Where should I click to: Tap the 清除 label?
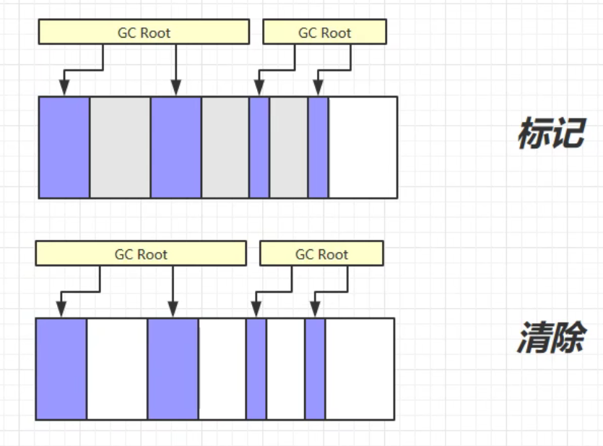(550, 337)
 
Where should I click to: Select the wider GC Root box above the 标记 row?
(144, 33)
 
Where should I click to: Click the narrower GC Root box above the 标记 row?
(325, 33)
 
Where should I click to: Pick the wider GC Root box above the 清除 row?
(141, 254)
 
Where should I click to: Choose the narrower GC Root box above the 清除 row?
(321, 254)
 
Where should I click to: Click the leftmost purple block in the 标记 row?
(64, 147)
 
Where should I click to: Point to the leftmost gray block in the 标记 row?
(120, 147)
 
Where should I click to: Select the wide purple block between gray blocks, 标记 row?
(175, 147)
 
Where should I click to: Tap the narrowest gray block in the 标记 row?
(288, 147)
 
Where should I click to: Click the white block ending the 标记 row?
(363, 147)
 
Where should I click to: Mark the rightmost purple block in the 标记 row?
(318, 147)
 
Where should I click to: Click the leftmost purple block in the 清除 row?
(61, 369)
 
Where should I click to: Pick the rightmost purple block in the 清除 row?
(315, 369)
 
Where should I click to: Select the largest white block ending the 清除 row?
(360, 369)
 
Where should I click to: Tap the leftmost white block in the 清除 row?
(117, 369)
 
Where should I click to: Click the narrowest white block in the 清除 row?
(285, 369)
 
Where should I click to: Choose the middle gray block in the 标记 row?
(225, 147)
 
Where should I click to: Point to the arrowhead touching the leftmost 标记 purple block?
(64, 90)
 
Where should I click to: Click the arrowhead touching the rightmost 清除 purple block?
(314, 312)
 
